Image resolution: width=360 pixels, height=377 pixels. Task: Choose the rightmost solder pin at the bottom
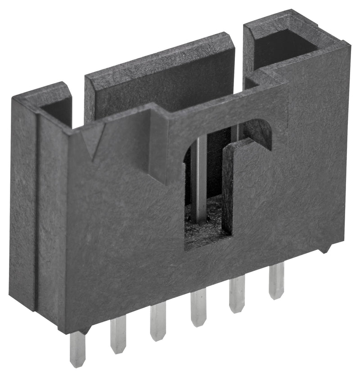pyautogui.click(x=276, y=281)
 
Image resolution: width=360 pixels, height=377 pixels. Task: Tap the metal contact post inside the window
pyautogui.click(x=198, y=180)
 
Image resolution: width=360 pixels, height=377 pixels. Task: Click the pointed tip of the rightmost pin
pyautogui.click(x=276, y=296)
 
